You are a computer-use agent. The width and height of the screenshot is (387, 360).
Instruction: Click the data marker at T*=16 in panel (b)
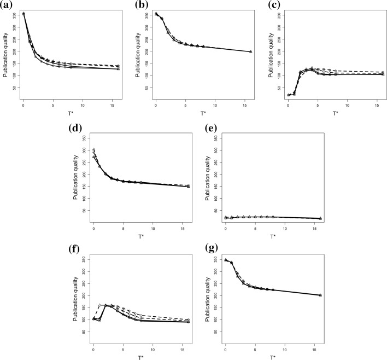pyautogui.click(x=250, y=52)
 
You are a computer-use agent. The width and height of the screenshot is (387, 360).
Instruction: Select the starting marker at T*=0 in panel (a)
pyautogui.click(x=24, y=14)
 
